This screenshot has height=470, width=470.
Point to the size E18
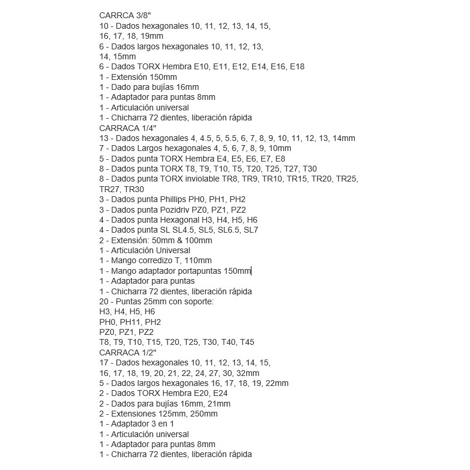[x=297, y=66]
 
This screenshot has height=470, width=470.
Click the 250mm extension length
[x=206, y=414]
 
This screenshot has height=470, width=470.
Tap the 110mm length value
[x=198, y=260]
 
